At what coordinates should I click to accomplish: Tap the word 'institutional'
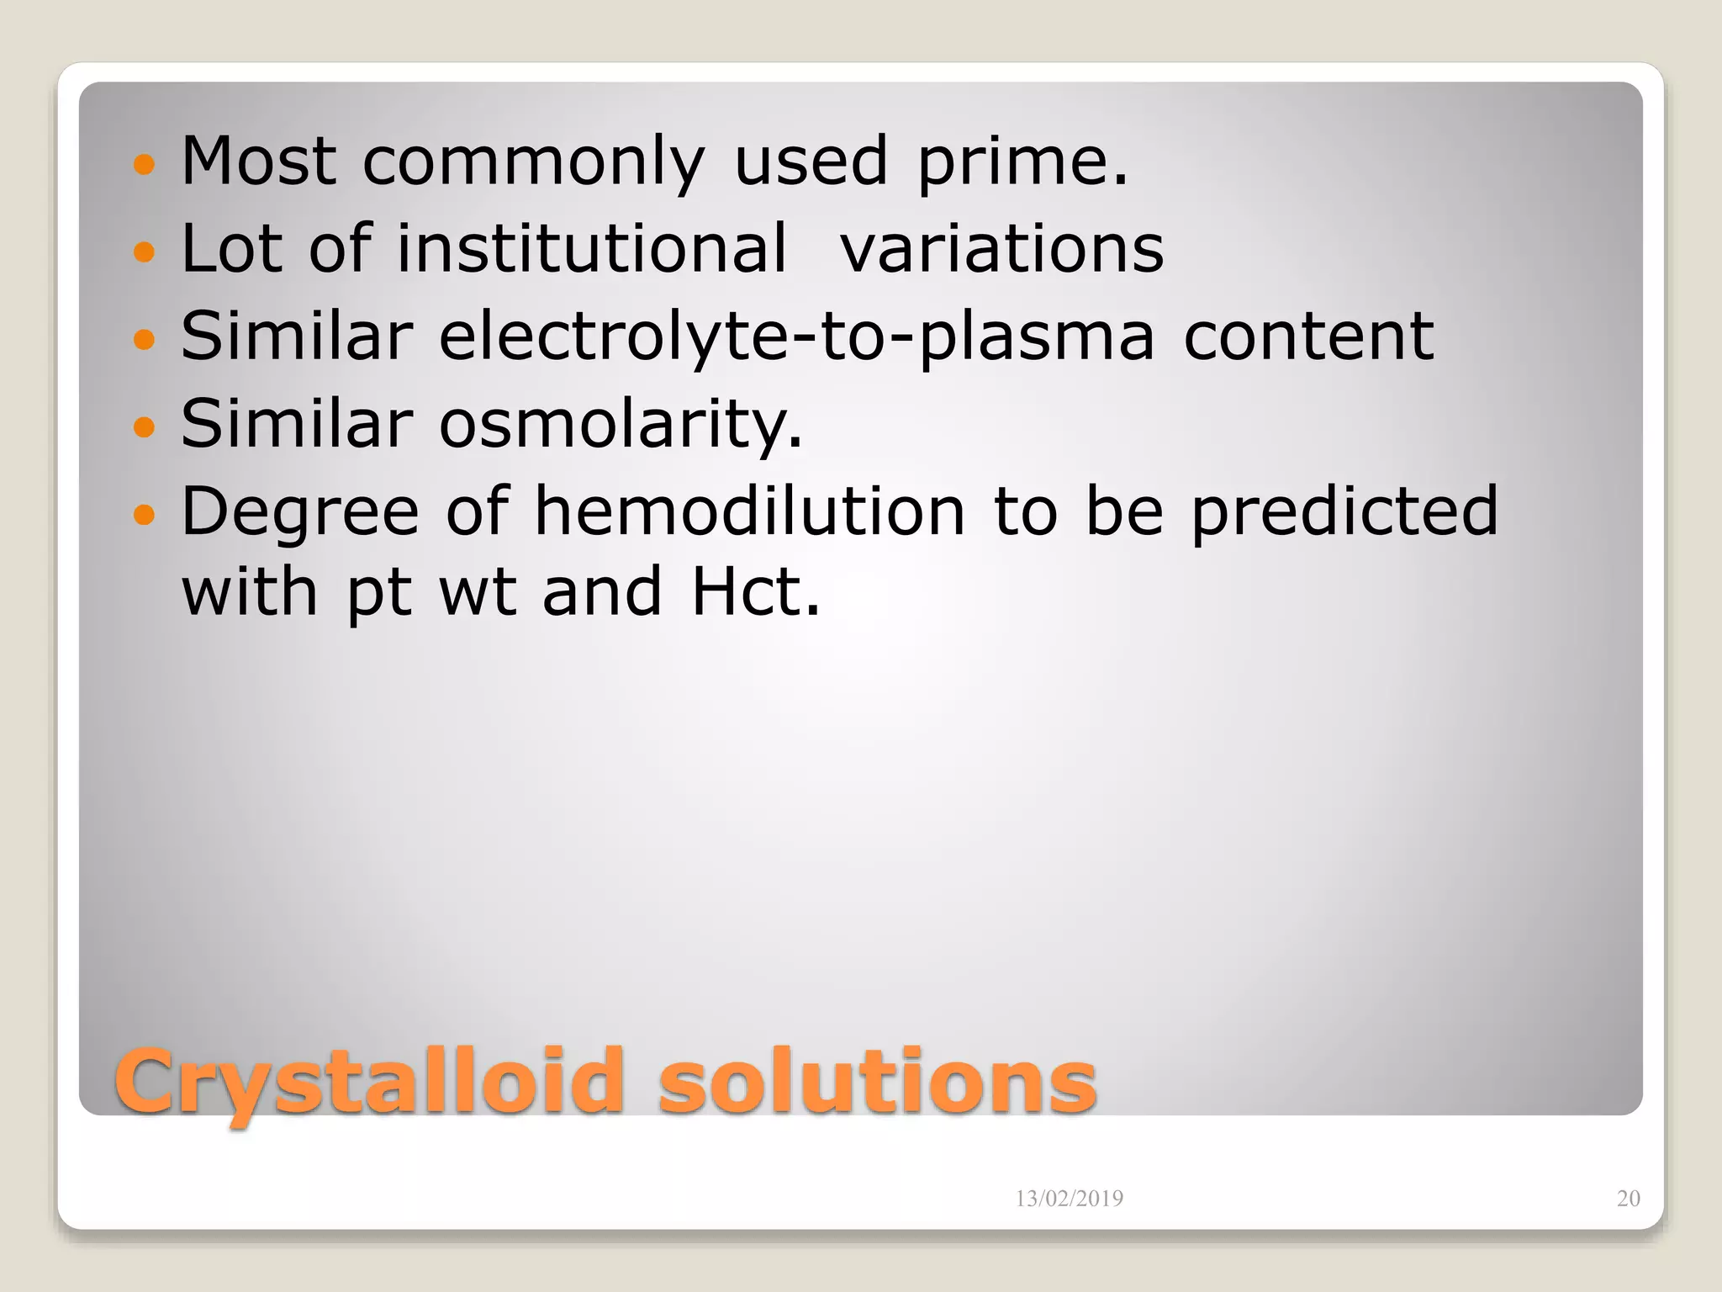(592, 249)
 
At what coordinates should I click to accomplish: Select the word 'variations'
(1002, 249)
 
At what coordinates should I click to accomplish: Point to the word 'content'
(1308, 336)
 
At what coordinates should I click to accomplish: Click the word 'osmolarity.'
(621, 424)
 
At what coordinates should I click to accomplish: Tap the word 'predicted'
(1344, 513)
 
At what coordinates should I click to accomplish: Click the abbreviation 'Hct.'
(754, 592)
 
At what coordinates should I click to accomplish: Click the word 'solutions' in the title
(877, 1082)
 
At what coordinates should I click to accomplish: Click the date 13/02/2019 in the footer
(1069, 1199)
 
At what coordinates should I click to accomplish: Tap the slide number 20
(1628, 1199)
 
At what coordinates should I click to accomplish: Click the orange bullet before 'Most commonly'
(145, 164)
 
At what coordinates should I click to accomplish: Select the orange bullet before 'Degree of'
(145, 514)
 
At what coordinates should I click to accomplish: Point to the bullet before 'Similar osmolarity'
(145, 426)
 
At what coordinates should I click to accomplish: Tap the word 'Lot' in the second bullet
(231, 249)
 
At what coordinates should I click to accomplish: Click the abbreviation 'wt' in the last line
(477, 592)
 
